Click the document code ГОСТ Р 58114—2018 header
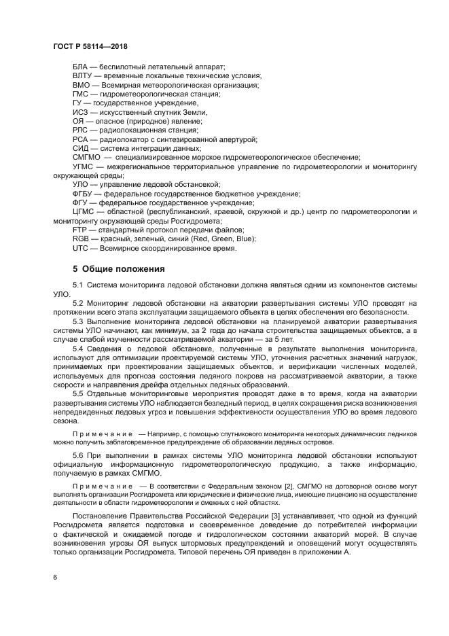click(90, 46)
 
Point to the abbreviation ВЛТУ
click(82, 76)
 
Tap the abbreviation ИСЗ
click(80, 112)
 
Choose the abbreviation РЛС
click(81, 130)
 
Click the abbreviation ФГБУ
click(84, 193)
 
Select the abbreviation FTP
click(80, 230)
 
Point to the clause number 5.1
click(77, 285)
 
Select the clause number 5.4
click(77, 349)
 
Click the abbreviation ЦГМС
click(84, 211)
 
